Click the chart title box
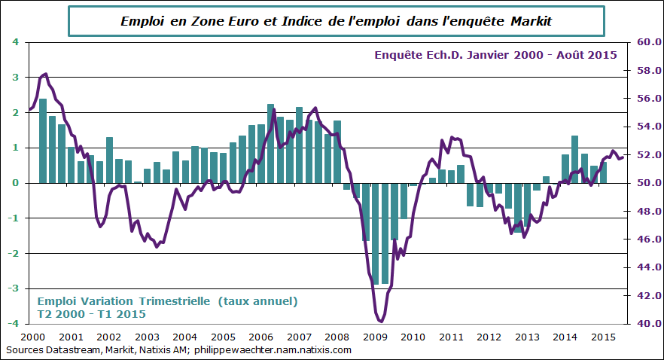tap(337, 21)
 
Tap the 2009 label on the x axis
tap(376, 337)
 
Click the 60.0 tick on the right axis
tap(649, 42)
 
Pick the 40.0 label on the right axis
tap(649, 324)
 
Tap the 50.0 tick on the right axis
tap(649, 183)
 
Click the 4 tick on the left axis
tap(16, 42)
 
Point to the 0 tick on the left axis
tap(16, 183)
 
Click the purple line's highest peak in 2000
tap(46, 74)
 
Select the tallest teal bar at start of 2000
tap(43, 141)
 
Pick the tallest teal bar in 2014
tap(574, 159)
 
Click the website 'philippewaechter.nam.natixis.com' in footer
tap(273, 350)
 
